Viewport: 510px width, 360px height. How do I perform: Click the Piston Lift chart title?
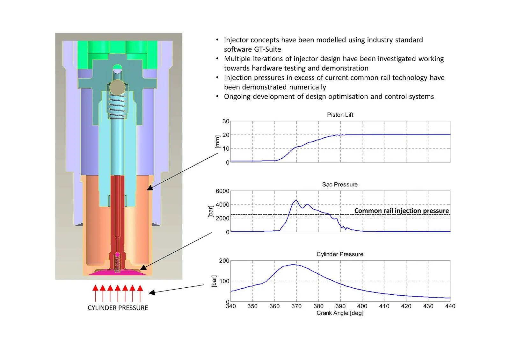[340, 115]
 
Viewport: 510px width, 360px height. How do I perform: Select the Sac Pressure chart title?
[340, 184]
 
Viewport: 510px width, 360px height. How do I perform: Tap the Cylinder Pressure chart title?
[340, 254]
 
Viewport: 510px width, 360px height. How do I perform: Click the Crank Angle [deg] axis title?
[340, 313]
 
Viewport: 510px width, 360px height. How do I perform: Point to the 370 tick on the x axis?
[296, 306]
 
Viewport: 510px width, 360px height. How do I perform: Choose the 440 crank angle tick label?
[450, 306]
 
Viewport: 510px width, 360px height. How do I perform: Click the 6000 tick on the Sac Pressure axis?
[222, 191]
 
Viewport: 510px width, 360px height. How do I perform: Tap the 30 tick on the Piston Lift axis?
[226, 121]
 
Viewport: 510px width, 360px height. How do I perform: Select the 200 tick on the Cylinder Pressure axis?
[224, 261]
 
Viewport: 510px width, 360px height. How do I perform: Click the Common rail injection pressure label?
[401, 211]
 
